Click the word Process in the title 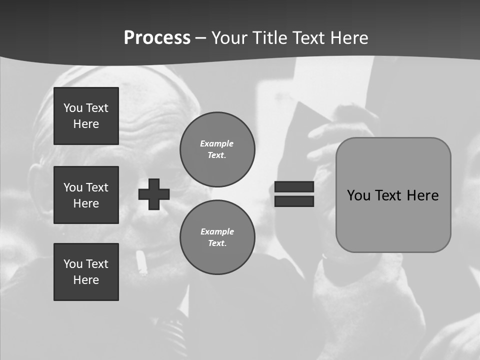click(157, 38)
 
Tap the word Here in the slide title click(348, 38)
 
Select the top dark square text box click(86, 116)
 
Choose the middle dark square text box click(86, 195)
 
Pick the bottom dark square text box click(86, 272)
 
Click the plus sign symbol click(154, 194)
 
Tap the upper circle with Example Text click(217, 149)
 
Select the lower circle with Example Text click(217, 237)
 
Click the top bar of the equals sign click(294, 186)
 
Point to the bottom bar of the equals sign click(294, 201)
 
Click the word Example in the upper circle click(217, 143)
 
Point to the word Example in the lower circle click(217, 231)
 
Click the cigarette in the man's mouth click(141, 263)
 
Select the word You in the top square click(73, 108)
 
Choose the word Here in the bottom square click(86, 280)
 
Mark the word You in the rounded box click(358, 195)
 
